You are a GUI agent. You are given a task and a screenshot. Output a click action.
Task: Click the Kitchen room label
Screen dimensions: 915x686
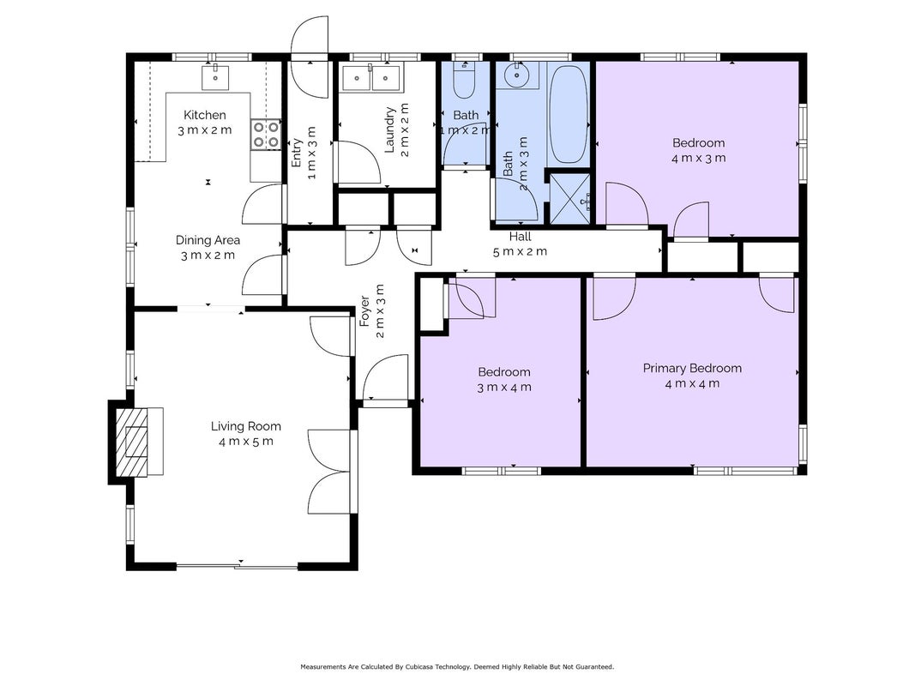click(205, 115)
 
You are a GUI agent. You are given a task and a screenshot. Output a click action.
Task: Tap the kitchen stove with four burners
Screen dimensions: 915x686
click(266, 134)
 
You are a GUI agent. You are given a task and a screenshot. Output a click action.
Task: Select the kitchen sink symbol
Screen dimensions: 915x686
click(215, 77)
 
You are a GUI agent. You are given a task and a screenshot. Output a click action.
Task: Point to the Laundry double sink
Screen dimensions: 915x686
click(371, 78)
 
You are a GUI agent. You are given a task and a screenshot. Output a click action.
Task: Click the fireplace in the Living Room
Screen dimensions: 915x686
click(139, 442)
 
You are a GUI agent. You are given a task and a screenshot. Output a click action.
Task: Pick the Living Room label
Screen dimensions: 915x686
click(245, 426)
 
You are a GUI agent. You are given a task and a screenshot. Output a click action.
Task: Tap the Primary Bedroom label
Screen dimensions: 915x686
click(692, 368)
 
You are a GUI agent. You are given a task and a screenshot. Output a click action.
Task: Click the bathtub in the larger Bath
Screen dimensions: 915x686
click(569, 114)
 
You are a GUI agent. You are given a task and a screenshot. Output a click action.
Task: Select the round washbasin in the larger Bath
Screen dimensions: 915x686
click(517, 75)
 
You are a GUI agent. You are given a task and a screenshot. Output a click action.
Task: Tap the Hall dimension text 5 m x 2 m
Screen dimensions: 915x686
click(520, 252)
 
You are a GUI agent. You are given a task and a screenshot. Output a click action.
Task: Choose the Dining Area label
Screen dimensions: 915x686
click(208, 240)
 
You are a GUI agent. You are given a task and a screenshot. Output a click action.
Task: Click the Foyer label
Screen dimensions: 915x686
click(364, 311)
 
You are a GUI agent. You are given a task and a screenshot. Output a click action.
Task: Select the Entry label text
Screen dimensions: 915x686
click(297, 153)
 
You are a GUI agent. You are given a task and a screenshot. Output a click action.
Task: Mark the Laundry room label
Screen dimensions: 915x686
click(390, 129)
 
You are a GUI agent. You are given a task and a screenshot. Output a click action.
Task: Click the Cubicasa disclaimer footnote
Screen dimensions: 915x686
click(457, 667)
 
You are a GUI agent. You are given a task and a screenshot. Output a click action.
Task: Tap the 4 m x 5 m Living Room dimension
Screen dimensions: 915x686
click(245, 442)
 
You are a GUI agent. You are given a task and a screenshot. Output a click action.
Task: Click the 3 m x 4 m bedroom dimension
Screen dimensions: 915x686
click(504, 388)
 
